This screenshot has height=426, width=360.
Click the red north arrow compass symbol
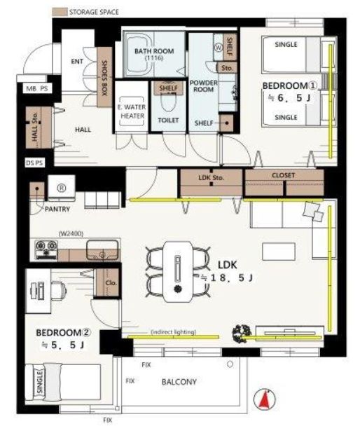265,399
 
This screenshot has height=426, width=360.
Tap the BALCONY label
179,382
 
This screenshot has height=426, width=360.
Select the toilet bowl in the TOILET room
168,102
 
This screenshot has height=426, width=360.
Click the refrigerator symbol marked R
62,188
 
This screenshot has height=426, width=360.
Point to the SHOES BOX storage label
104,78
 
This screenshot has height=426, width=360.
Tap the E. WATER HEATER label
132,111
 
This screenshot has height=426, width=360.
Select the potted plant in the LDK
242,334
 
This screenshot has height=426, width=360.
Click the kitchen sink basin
102,250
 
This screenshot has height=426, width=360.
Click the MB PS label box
37,88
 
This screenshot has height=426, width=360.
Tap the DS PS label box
34,163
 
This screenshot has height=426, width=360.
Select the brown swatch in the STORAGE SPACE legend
60,12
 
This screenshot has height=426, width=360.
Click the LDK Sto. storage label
212,178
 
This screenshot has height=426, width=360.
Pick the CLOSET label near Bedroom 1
283,175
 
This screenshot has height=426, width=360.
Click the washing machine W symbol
219,47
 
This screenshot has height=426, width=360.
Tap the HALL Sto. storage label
35,127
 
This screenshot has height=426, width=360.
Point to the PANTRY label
57,209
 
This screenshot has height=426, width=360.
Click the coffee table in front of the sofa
279,252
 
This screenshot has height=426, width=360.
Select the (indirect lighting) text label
173,331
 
